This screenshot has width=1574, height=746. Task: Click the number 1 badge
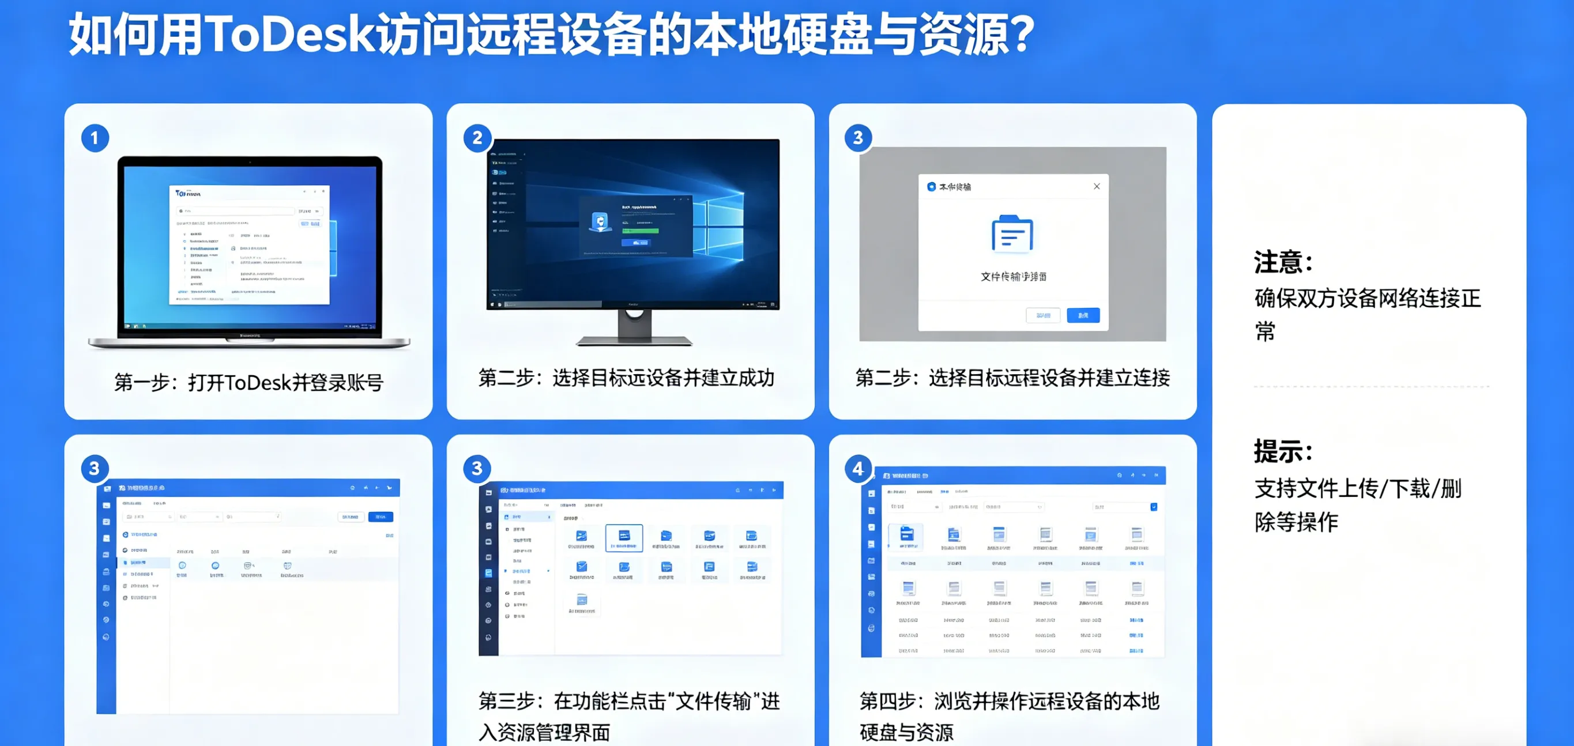click(x=95, y=138)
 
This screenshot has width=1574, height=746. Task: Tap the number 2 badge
click(x=477, y=138)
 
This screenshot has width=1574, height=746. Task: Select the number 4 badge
click(x=858, y=469)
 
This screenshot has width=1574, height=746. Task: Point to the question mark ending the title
click(x=1018, y=34)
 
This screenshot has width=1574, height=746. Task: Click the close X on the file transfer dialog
click(x=1097, y=186)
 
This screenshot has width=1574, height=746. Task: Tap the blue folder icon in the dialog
click(x=1012, y=234)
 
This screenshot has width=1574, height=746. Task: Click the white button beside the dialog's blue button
click(x=1043, y=315)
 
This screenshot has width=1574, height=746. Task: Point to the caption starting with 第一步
click(x=248, y=382)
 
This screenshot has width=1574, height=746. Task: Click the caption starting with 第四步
click(x=1009, y=716)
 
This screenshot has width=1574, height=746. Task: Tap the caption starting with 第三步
click(x=629, y=716)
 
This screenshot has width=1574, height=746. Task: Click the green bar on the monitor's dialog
click(x=640, y=231)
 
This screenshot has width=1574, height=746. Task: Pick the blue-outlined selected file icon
click(x=624, y=538)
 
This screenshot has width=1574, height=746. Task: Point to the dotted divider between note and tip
click(x=1370, y=386)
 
